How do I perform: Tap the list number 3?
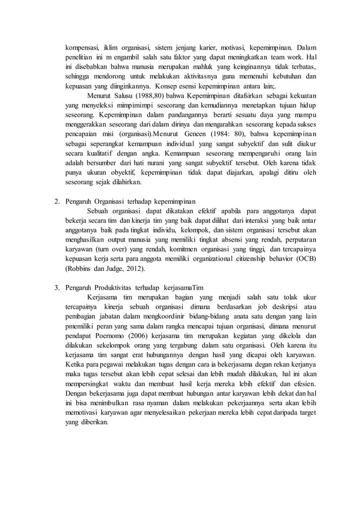(x=56, y=288)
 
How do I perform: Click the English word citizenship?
(x=253, y=258)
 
